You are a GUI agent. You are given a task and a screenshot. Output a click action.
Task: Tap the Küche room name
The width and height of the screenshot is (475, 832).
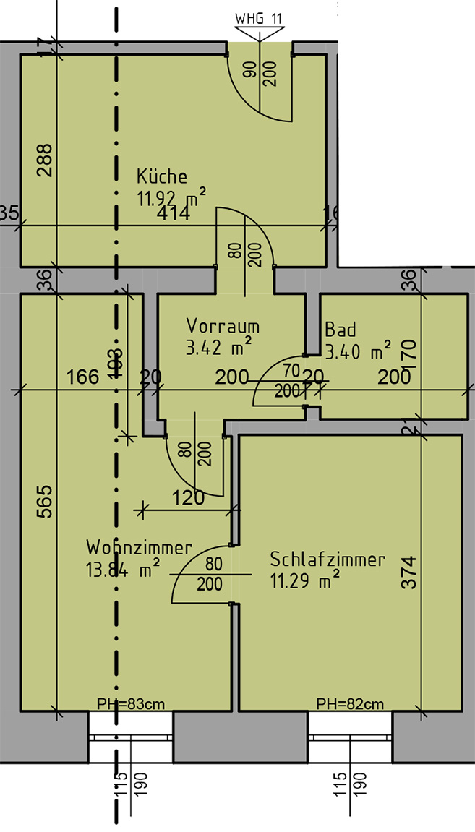click(x=162, y=176)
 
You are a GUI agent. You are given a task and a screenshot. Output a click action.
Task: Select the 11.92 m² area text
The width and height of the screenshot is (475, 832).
click(x=171, y=196)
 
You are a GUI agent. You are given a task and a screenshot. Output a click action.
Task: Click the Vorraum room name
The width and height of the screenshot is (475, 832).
click(x=223, y=326)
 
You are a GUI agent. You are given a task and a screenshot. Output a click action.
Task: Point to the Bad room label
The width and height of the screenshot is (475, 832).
click(x=341, y=330)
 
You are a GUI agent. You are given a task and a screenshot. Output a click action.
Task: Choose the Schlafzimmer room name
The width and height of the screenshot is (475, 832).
click(x=328, y=559)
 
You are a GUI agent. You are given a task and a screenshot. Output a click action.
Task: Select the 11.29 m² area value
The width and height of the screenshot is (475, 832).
click(x=304, y=580)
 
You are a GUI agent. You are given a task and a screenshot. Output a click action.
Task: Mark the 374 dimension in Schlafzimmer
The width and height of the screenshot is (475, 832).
click(x=409, y=572)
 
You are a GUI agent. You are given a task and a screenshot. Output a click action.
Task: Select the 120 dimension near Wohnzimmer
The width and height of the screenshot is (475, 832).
click(x=188, y=498)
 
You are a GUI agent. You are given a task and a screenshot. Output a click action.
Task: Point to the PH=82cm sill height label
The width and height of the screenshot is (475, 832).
click(x=350, y=703)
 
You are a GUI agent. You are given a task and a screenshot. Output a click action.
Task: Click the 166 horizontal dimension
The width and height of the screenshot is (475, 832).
click(x=82, y=377)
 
